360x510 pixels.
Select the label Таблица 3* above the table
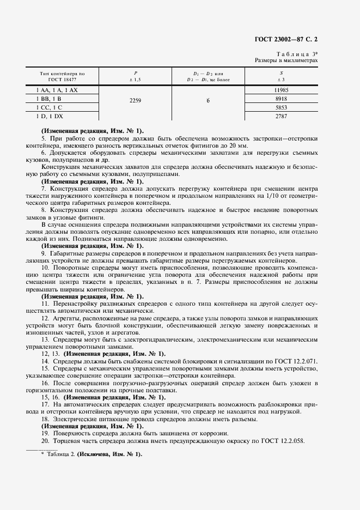(297, 53)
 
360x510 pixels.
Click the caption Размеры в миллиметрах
(286, 60)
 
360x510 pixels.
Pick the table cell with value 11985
(281, 90)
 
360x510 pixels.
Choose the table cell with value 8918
(281, 99)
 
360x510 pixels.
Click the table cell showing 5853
(281, 108)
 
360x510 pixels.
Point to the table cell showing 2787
(281, 117)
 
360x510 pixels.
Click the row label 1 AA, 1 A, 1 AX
(57, 90)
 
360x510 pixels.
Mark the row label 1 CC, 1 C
(51, 108)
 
